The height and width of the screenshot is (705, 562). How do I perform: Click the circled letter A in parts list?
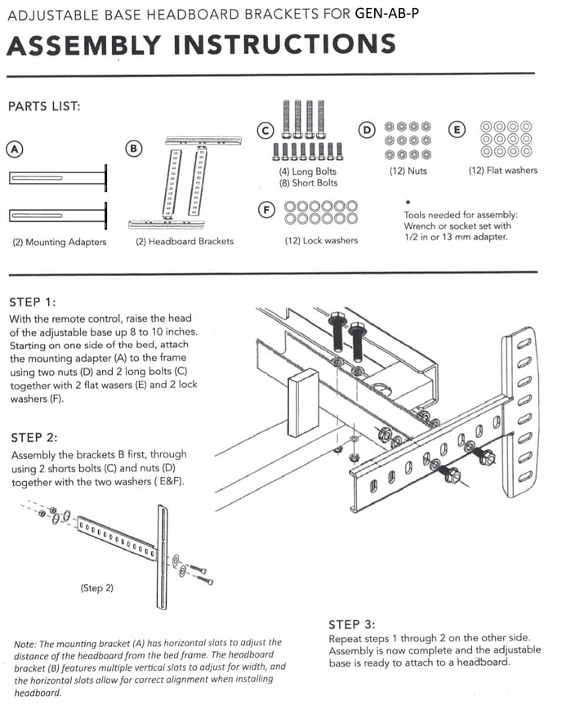tap(14, 149)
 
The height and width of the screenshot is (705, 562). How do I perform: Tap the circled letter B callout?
tap(134, 148)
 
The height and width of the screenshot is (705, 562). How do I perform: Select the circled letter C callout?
tap(264, 130)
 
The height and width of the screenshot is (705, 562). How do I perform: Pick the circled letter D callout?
tap(367, 130)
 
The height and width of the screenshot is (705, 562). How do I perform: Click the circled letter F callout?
tap(265, 210)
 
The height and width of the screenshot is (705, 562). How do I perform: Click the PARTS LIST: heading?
tap(43, 106)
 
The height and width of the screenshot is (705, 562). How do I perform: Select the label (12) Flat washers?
tap(502, 171)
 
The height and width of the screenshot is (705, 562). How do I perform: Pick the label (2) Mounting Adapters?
tap(59, 242)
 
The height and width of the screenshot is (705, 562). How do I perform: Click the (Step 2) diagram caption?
tap(96, 587)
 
